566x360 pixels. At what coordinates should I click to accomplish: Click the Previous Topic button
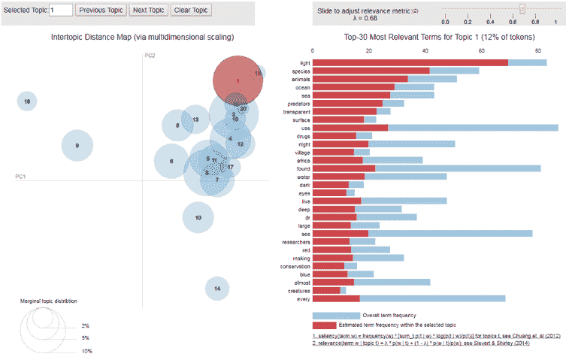(x=101, y=11)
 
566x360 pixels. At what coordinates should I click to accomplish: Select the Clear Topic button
(x=192, y=11)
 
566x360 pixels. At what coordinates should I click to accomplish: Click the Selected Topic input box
(x=61, y=11)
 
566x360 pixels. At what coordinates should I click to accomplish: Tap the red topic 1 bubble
(x=238, y=80)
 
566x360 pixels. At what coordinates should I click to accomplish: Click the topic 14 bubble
(x=216, y=288)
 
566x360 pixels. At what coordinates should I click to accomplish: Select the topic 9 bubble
(x=77, y=146)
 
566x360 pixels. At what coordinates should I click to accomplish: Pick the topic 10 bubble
(x=198, y=217)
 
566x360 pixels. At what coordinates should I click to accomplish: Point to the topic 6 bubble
(x=171, y=161)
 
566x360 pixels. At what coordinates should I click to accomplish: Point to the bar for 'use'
(x=435, y=128)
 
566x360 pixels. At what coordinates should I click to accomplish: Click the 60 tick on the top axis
(x=482, y=51)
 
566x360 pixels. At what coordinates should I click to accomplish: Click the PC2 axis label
(x=150, y=56)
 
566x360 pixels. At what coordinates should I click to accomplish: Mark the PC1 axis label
(x=22, y=177)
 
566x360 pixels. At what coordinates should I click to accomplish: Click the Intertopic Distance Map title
(x=142, y=36)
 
